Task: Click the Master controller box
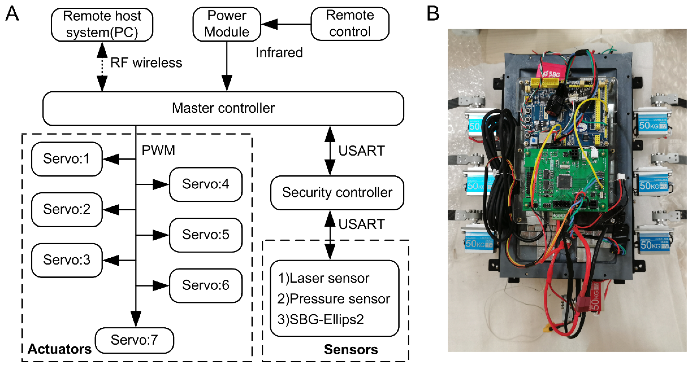coord(223,108)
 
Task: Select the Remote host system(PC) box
coord(102,24)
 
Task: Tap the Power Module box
coord(227,24)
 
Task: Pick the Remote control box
coord(350,24)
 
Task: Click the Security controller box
coord(337,193)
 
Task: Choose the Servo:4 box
coord(206,184)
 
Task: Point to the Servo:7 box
coord(134,340)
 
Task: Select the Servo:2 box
coord(67,209)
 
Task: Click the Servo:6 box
coord(206,285)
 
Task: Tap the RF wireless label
coord(146,63)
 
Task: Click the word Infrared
coord(279,53)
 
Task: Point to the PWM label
coord(158,150)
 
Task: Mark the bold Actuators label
coord(59,349)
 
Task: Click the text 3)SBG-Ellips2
coord(321,319)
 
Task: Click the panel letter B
coord(433,14)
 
